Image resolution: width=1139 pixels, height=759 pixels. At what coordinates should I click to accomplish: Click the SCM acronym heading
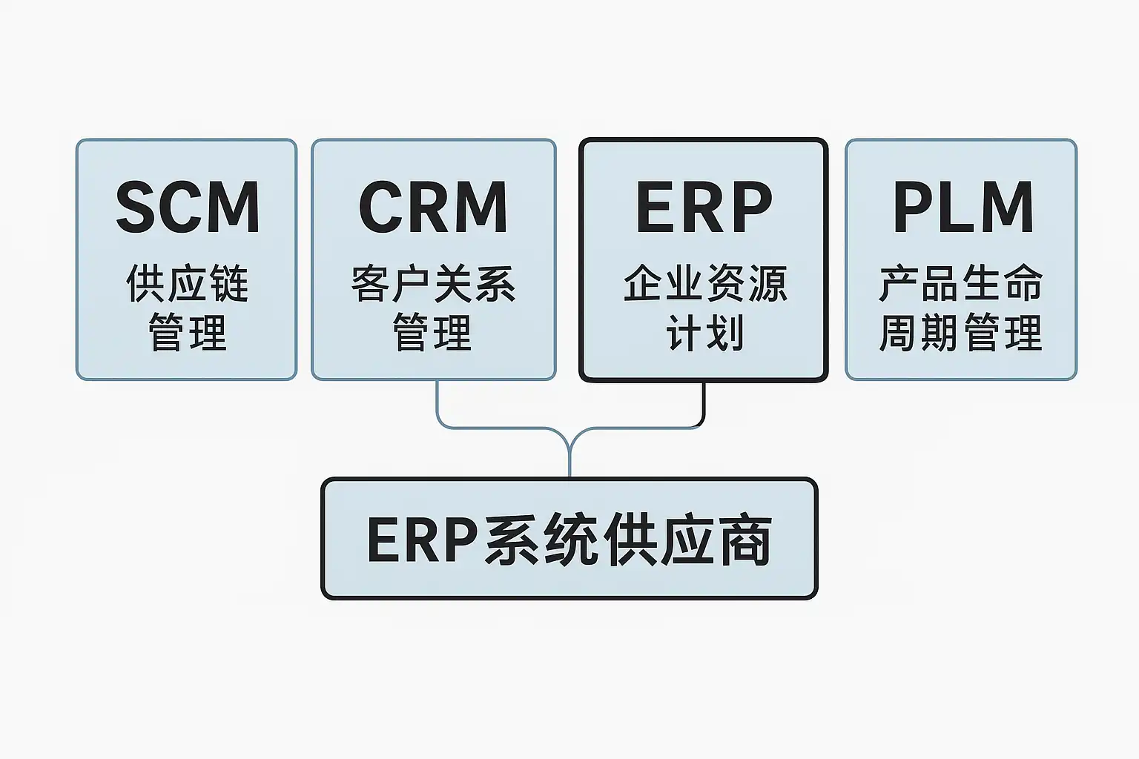pos(188,207)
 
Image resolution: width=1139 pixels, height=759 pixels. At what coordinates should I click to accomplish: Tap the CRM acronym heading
pos(433,207)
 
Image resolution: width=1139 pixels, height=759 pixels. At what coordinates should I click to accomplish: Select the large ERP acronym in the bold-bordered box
pos(704,207)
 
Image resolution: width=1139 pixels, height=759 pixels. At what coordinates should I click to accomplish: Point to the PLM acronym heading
pos(963,207)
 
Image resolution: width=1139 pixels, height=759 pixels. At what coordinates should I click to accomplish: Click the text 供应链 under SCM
pos(188,283)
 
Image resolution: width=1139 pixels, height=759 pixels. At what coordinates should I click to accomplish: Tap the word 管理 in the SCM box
pos(188,332)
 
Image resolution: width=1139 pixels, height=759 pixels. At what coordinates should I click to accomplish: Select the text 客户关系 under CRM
pos(433,283)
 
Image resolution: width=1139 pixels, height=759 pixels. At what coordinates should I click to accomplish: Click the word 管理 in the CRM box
pos(432,332)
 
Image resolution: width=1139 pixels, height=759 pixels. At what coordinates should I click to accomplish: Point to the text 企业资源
pos(704,283)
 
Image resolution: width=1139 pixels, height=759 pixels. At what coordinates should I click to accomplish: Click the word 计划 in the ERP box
pos(704,332)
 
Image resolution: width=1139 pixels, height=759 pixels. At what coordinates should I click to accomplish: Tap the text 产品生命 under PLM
pos(961,283)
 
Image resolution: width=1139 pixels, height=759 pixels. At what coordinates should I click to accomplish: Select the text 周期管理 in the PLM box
pos(961,332)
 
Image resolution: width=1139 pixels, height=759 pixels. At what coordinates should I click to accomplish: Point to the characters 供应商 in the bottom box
pos(688,540)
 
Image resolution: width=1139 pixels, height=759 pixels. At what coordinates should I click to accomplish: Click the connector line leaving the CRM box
pos(438,404)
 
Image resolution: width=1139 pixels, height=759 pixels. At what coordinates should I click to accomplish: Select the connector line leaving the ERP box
pos(703,404)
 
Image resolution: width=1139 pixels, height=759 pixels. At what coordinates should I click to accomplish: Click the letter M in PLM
pos(1007,207)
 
